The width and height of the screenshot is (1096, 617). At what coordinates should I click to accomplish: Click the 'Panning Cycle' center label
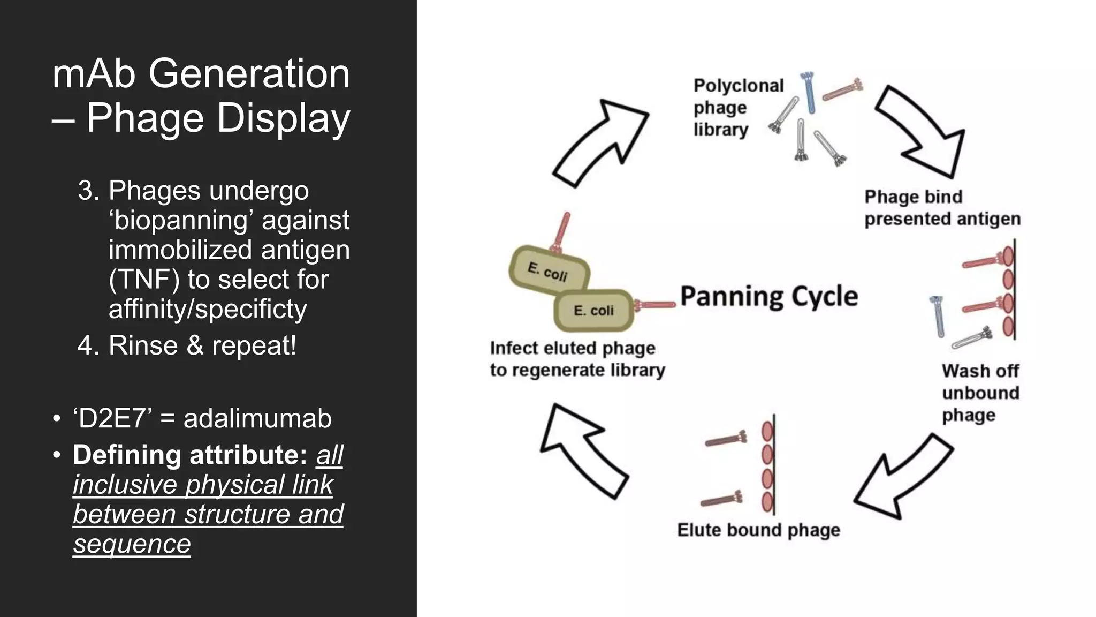click(768, 296)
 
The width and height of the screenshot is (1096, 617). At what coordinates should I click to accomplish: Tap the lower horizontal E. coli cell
click(593, 311)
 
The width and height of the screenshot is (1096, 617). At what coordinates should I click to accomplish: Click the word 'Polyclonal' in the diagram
click(738, 86)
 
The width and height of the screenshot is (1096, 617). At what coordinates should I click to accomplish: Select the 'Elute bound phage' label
click(758, 530)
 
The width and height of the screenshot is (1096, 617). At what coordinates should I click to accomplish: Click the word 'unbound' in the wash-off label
click(980, 393)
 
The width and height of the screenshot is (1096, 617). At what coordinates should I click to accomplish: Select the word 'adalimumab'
click(257, 418)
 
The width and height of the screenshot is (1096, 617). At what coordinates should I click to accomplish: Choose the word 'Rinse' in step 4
click(143, 345)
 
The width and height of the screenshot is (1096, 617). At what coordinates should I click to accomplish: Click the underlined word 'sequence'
click(132, 544)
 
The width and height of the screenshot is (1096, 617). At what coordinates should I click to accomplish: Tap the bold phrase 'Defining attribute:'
click(189, 455)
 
